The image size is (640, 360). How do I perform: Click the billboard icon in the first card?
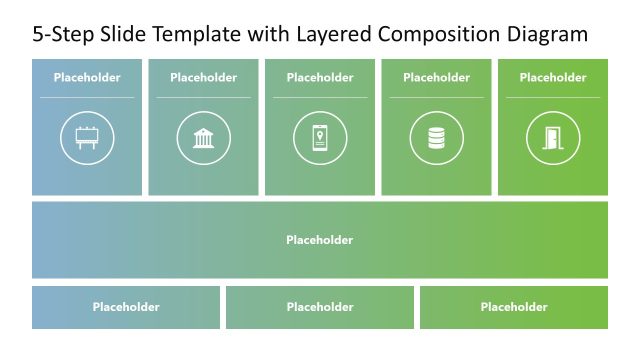pos(87,138)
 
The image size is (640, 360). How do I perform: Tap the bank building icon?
pos(203,138)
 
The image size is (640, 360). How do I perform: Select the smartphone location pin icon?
pos(320,138)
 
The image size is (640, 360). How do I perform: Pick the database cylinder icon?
pos(436,138)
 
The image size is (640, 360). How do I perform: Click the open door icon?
pos(553,138)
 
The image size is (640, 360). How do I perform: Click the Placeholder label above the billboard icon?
pos(87,77)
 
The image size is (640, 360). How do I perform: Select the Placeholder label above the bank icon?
pos(203,77)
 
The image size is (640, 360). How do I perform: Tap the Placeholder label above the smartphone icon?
pos(320,77)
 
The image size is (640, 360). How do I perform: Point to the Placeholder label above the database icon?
pos(436,77)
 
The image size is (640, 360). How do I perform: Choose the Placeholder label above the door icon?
pos(553,77)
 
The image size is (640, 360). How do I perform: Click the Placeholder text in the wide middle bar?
pos(320,240)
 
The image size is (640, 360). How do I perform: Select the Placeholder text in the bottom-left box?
pos(126,307)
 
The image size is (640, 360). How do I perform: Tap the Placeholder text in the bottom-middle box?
pos(320,307)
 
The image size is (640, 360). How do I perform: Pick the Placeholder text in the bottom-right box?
pos(514,307)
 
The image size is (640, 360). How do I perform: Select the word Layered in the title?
pos(333,36)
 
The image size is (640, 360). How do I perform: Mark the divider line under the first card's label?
pos(87,97)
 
